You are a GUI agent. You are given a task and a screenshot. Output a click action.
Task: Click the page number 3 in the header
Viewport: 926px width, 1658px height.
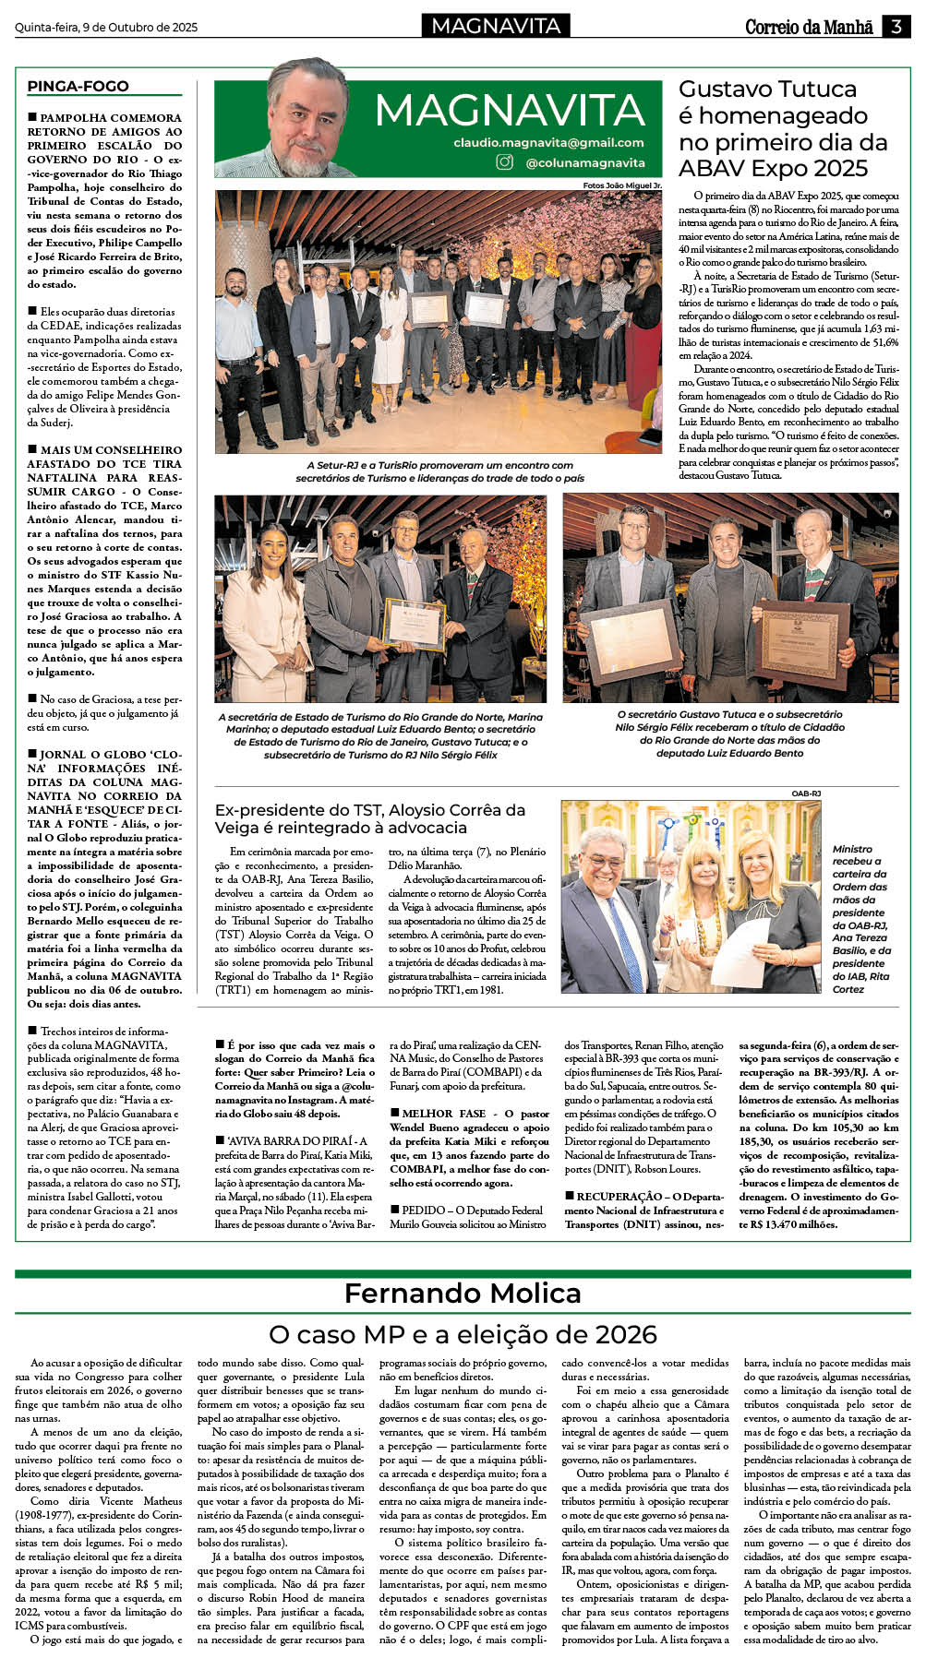pyautogui.click(x=896, y=27)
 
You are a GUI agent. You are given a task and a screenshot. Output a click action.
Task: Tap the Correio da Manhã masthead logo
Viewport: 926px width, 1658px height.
pyautogui.click(x=809, y=27)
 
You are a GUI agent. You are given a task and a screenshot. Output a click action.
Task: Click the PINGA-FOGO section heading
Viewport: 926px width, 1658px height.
pyautogui.click(x=78, y=87)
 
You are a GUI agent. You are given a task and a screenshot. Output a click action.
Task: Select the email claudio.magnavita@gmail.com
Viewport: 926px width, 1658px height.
pyautogui.click(x=548, y=142)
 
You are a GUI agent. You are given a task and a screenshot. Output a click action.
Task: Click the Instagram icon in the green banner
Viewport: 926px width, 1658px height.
pyautogui.click(x=505, y=162)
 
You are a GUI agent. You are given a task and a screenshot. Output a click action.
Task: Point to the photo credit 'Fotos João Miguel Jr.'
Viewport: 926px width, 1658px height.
pyautogui.click(x=622, y=185)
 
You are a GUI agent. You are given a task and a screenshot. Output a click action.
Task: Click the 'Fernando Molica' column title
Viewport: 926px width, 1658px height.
pyautogui.click(x=463, y=1293)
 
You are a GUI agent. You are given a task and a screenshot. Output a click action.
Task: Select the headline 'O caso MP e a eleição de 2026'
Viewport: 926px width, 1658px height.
pyautogui.click(x=463, y=1334)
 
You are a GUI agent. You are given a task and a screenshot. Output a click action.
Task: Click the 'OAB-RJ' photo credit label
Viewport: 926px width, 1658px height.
pyautogui.click(x=806, y=793)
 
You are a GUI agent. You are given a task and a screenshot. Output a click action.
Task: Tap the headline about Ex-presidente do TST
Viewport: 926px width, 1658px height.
pyautogui.click(x=370, y=818)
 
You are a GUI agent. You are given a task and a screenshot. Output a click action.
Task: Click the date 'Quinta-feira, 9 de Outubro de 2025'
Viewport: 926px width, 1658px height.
pyautogui.click(x=106, y=27)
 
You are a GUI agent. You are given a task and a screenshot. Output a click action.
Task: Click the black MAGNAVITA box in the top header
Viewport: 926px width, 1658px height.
pyautogui.click(x=496, y=26)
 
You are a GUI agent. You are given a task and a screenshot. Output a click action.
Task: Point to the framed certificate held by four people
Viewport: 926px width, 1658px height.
pyautogui.click(x=414, y=623)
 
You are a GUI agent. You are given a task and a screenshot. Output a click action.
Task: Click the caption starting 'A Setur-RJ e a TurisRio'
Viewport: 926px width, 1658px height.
pyautogui.click(x=439, y=471)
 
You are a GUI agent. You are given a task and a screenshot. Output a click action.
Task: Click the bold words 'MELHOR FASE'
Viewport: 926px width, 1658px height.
pyautogui.click(x=443, y=1114)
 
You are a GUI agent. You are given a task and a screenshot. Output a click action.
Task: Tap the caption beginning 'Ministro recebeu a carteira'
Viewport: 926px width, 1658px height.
pyautogui.click(x=860, y=918)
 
